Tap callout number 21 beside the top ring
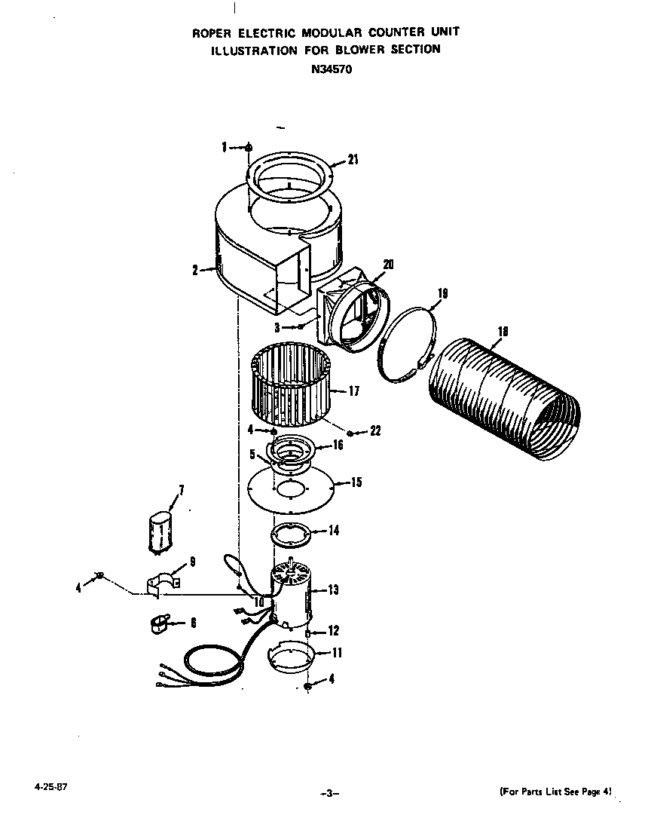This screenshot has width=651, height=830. (353, 159)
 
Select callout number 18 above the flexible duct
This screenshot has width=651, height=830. (503, 330)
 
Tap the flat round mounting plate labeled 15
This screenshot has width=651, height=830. (291, 491)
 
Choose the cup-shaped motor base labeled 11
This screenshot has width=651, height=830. (291, 655)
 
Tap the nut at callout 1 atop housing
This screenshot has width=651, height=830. (249, 148)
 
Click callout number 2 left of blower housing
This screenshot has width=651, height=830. (194, 270)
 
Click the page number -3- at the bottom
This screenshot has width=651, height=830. (329, 793)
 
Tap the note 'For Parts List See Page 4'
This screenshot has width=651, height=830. (556, 792)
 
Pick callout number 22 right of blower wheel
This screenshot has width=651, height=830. (374, 431)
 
